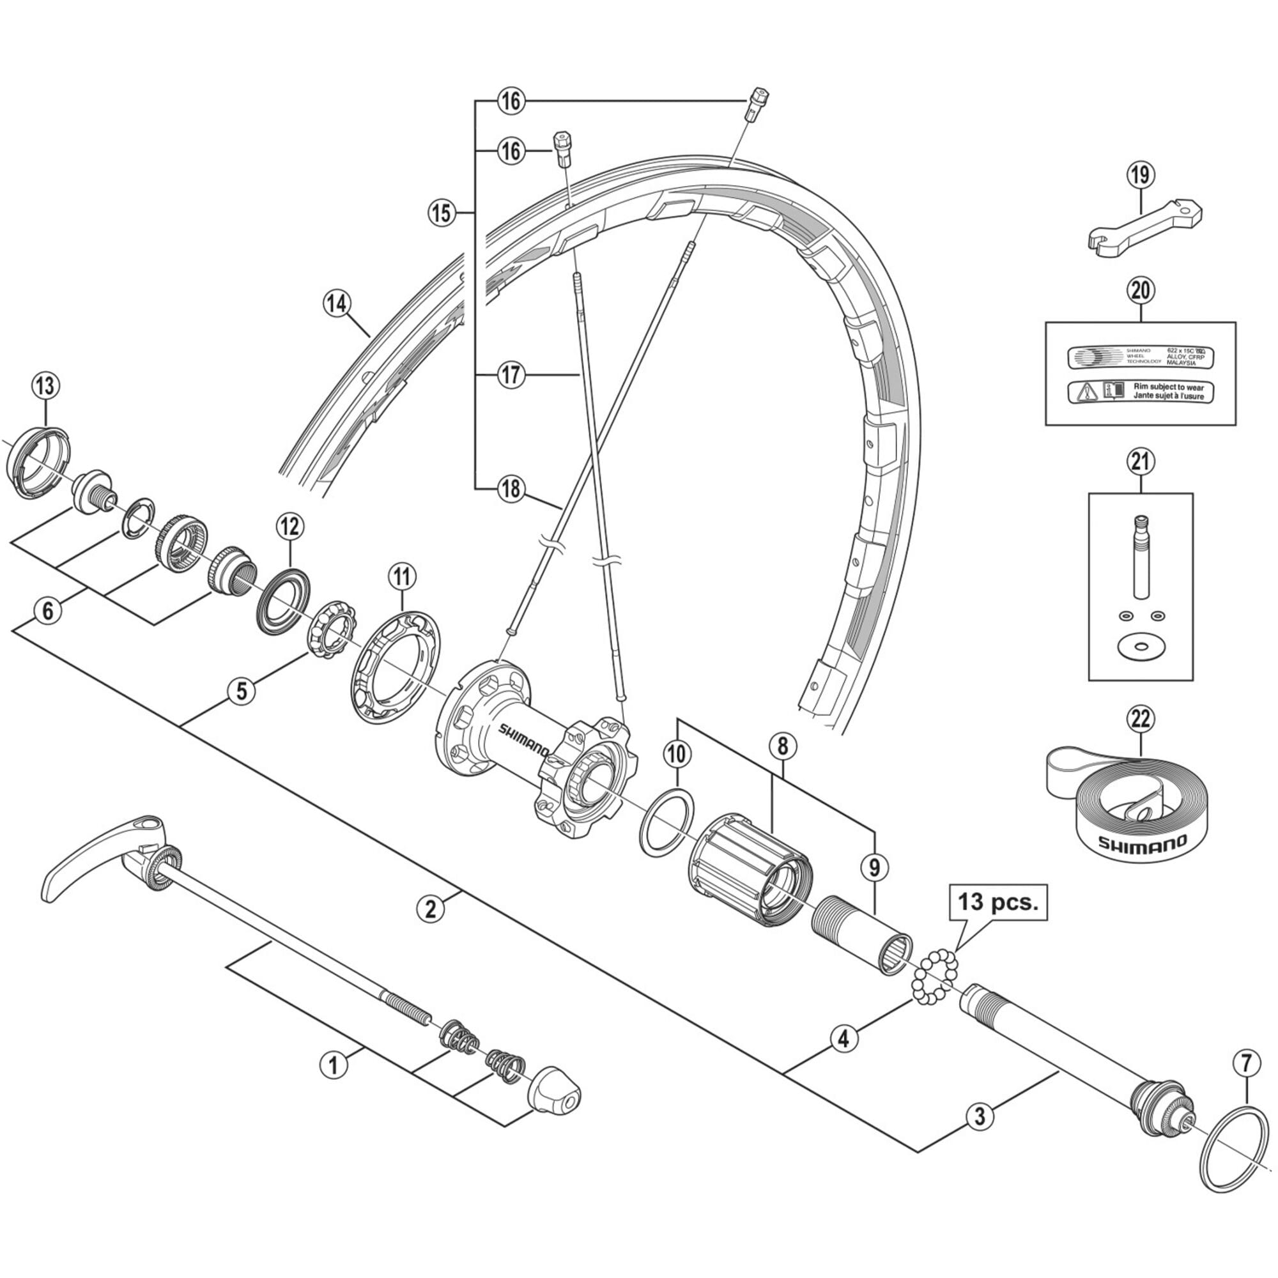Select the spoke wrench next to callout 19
click(x=1144, y=226)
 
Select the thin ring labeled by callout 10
click(x=666, y=822)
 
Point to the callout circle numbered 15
click(x=441, y=213)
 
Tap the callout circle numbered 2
click(x=431, y=909)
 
